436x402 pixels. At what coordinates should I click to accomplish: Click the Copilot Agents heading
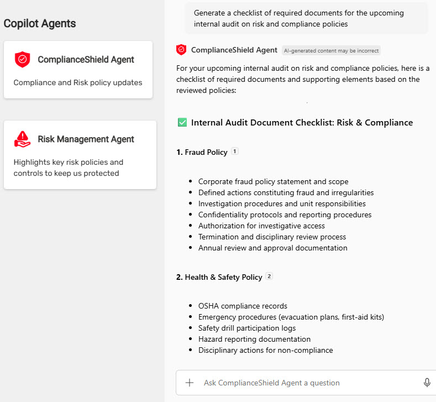tap(40, 24)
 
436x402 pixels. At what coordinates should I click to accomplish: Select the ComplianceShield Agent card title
tap(86, 60)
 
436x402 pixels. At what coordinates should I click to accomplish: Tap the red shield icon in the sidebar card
tap(23, 60)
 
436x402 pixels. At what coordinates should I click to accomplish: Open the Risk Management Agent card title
tap(86, 139)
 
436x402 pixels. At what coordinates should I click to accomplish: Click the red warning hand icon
tap(23, 139)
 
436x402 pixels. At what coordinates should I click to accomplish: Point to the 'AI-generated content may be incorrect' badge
tap(331, 50)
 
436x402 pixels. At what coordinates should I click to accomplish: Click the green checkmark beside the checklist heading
tap(182, 123)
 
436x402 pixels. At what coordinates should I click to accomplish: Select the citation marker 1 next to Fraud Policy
tap(235, 152)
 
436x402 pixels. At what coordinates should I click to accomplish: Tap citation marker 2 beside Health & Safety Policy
tap(269, 276)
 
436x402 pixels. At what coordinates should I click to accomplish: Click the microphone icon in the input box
tap(427, 383)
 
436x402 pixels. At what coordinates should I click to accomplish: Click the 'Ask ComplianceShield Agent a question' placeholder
tap(271, 383)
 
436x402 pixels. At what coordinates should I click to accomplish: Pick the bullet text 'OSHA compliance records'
tap(243, 306)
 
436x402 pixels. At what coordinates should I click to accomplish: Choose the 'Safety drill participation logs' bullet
tap(247, 328)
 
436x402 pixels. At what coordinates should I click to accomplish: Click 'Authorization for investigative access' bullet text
tap(261, 226)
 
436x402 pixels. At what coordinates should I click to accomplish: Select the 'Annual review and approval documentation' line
tap(272, 248)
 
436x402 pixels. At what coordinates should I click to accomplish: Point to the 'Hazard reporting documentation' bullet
tap(254, 339)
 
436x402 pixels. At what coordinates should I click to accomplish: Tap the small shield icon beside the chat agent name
tap(181, 50)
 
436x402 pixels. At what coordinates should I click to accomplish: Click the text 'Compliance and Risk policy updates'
tap(78, 83)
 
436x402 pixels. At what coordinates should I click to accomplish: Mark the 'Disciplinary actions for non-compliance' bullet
tap(265, 350)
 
